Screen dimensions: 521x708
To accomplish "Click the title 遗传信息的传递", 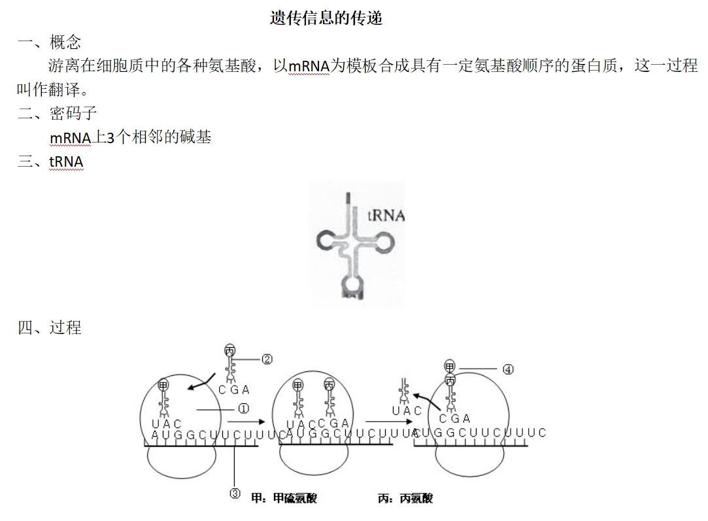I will tap(326, 18).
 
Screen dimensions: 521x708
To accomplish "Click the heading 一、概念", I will tap(50, 43).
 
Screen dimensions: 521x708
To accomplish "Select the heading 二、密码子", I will tap(58, 114).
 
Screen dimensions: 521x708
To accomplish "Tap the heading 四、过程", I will tap(50, 328).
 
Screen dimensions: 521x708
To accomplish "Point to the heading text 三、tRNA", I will tap(50, 161).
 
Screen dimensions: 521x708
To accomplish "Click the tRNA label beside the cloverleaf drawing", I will tap(386, 216).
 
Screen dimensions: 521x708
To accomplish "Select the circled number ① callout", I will tap(243, 409).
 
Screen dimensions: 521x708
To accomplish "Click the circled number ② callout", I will tap(267, 359).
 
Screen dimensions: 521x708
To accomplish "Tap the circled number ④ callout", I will tap(508, 369).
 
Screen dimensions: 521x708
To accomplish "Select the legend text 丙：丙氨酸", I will tap(405, 499).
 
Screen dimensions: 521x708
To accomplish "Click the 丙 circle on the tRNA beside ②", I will tap(229, 351).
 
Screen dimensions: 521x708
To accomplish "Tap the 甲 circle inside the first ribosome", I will tap(163, 386).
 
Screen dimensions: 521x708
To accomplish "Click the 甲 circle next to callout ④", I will tap(450, 366).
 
